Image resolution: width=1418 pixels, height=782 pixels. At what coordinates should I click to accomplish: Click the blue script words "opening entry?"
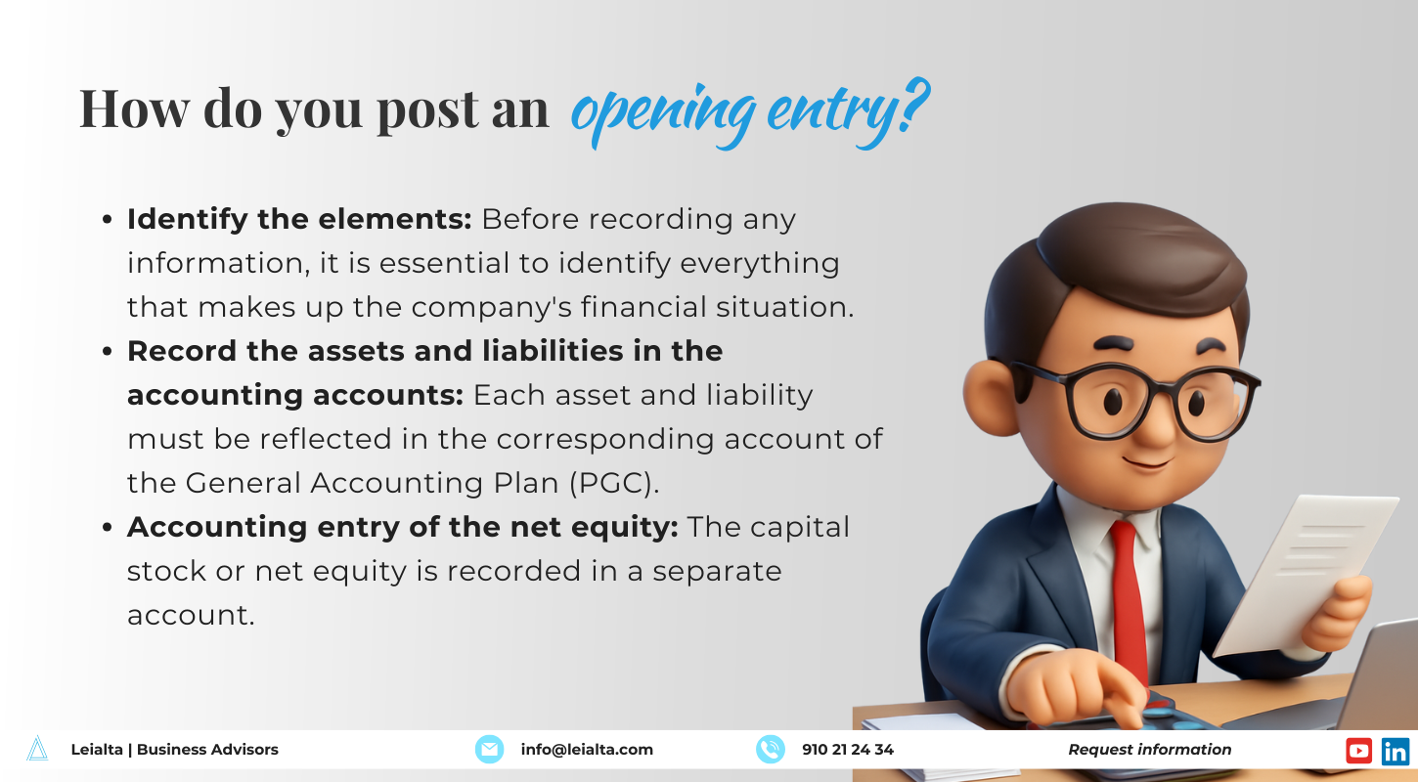coord(750,112)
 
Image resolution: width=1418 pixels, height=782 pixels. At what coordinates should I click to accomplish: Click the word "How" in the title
coord(134,109)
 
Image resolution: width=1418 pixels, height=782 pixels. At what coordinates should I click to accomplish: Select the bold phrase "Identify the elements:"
coord(299,220)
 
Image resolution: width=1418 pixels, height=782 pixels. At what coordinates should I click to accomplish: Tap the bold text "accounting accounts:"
coord(295,395)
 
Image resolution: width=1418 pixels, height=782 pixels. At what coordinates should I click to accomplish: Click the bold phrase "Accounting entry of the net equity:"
coord(403,527)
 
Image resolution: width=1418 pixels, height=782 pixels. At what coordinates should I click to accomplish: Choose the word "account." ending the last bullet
coord(191,615)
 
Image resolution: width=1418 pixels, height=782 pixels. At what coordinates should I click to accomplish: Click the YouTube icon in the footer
coord(1358,751)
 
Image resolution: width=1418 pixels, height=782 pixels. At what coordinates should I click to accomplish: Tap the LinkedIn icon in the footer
coord(1396,751)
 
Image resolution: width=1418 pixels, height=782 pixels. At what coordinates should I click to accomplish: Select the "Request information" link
coord(1150,750)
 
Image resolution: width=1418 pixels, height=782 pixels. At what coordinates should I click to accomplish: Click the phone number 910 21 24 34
coord(848,750)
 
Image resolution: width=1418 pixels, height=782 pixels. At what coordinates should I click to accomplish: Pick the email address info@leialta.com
coord(587,750)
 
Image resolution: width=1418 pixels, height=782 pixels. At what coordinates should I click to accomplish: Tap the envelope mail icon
coord(489,749)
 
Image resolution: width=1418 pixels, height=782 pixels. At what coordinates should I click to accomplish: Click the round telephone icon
coord(771,749)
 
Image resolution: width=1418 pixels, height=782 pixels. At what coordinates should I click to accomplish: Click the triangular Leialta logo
coord(37,749)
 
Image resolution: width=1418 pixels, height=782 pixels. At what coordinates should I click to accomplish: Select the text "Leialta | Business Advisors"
coord(175,750)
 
